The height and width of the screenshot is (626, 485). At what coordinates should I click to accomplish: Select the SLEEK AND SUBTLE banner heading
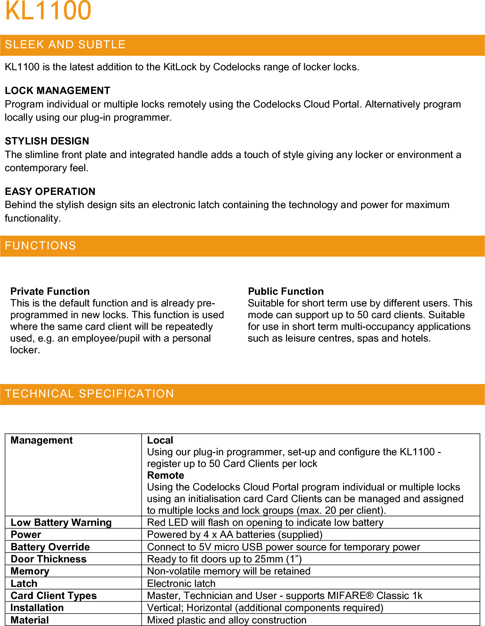pyautogui.click(x=65, y=45)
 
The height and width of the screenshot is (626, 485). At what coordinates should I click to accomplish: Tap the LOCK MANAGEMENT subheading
pyautogui.click(x=57, y=91)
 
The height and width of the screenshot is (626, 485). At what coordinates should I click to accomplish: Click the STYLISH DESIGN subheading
pyautogui.click(x=47, y=141)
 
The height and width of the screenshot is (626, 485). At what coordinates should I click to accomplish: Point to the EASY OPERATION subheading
pyautogui.click(x=50, y=192)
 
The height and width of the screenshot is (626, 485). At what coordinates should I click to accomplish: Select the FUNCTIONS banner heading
pyautogui.click(x=40, y=246)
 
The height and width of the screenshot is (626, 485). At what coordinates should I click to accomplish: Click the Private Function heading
pyautogui.click(x=50, y=291)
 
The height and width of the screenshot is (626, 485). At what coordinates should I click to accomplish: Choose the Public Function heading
pyautogui.click(x=286, y=291)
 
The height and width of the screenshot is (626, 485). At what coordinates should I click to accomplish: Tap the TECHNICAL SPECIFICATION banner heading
pyautogui.click(x=89, y=394)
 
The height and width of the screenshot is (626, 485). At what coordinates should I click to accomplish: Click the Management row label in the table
pyautogui.click(x=42, y=440)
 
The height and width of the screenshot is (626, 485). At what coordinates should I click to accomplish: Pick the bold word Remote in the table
pyautogui.click(x=166, y=475)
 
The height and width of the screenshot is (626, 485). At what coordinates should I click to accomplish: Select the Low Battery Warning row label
pyautogui.click(x=61, y=523)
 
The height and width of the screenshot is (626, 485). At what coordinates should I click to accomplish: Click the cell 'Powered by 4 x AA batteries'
pyautogui.click(x=234, y=535)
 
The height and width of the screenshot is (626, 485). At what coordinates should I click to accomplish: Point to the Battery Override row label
pyautogui.click(x=50, y=547)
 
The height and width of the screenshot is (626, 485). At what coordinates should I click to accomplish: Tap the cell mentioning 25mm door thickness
pyautogui.click(x=224, y=559)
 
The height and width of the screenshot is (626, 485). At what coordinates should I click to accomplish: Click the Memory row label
pyautogui.click(x=30, y=571)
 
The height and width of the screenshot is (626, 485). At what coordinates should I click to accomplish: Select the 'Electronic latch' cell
pyautogui.click(x=181, y=584)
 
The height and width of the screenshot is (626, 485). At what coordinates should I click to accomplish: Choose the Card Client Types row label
pyautogui.click(x=54, y=596)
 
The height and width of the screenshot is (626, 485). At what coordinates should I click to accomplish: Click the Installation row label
pyautogui.click(x=37, y=608)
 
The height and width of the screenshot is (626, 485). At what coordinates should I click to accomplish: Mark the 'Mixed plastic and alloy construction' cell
pyautogui.click(x=226, y=620)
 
